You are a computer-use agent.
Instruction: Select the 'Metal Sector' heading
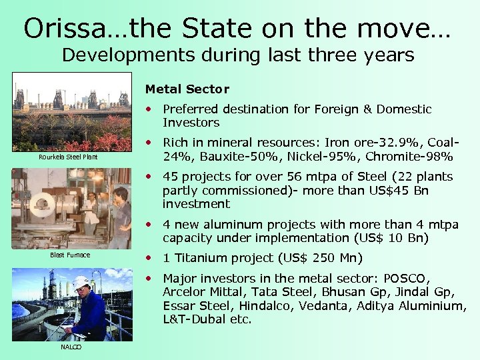[187, 89]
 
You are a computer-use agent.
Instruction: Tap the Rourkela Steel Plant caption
[67, 157]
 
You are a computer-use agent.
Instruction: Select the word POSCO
[409, 278]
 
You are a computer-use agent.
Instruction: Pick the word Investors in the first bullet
[191, 123]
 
